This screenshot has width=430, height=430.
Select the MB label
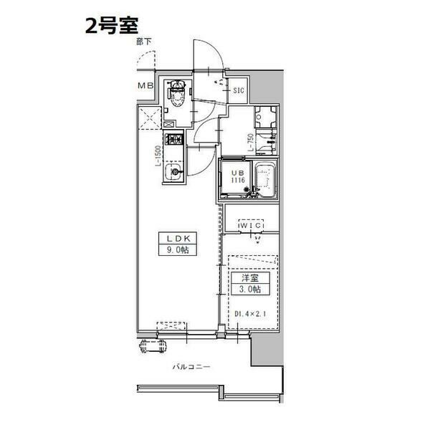click(x=145, y=87)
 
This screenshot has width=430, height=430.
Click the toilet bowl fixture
click(x=176, y=95)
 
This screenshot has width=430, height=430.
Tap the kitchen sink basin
click(x=173, y=174)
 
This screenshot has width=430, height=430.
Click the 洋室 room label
click(x=248, y=277)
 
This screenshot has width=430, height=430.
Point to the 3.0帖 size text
click(x=248, y=288)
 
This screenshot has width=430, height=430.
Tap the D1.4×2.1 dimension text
click(x=250, y=313)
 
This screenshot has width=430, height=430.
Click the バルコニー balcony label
click(x=191, y=366)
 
